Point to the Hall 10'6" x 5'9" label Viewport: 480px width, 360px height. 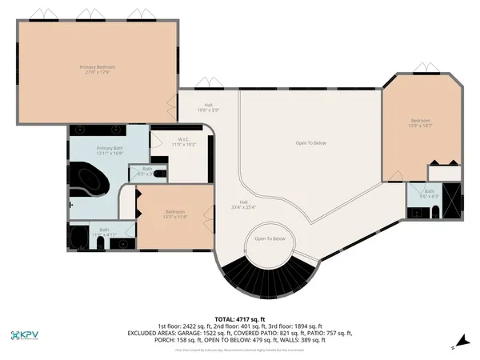tap(208, 108)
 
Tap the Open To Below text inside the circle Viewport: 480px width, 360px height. tap(270, 239)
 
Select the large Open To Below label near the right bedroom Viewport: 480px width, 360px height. tap(310, 143)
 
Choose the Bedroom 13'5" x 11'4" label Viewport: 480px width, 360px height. tap(174, 214)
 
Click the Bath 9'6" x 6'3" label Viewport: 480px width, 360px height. tap(430, 193)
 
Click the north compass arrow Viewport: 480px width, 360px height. tap(455, 346)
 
